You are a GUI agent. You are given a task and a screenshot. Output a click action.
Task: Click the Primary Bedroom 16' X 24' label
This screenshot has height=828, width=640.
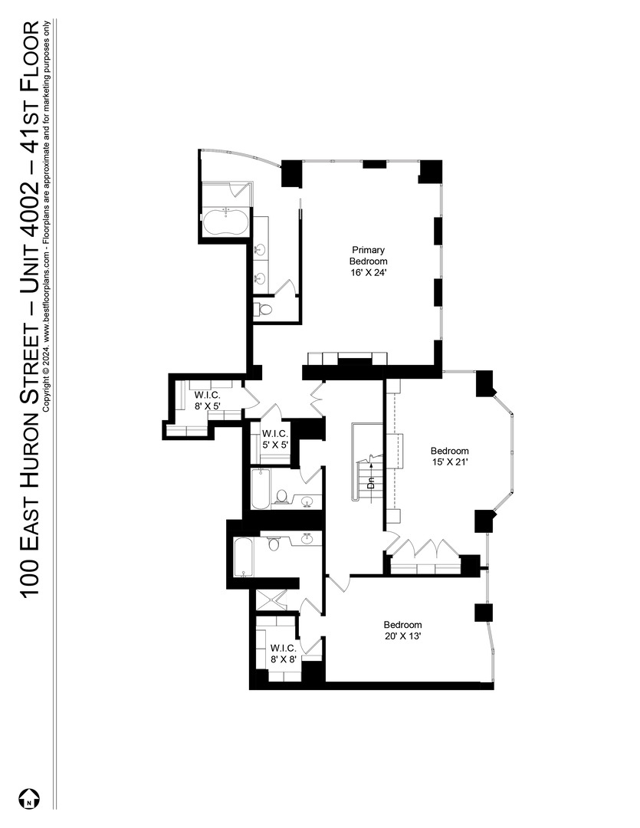(368, 261)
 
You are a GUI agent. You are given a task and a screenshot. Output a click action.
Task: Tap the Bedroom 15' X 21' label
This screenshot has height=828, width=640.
(449, 457)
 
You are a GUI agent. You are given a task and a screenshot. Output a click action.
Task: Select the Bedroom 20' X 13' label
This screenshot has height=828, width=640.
(402, 630)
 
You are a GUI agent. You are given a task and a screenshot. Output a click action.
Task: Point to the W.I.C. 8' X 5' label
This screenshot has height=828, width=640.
(206, 401)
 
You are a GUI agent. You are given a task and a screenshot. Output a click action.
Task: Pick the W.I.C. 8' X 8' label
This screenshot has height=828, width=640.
(283, 652)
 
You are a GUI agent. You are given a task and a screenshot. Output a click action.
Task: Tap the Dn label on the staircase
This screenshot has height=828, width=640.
(371, 484)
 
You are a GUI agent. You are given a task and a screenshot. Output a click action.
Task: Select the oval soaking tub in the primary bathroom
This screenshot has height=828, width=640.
(225, 223)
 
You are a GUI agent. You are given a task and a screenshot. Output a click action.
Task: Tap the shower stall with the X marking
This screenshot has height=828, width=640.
(274, 599)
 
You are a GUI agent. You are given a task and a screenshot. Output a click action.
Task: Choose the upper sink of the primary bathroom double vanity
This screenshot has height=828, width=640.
(261, 248)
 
